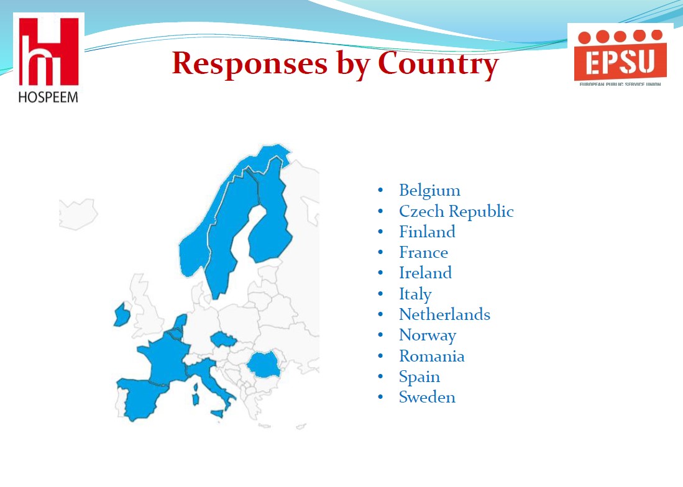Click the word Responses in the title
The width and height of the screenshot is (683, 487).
pyautogui.click(x=250, y=63)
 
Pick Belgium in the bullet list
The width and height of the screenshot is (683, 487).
pyautogui.click(x=429, y=191)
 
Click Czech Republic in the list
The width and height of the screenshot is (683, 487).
pyautogui.click(x=456, y=211)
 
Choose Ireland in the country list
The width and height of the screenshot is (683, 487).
pyautogui.click(x=425, y=273)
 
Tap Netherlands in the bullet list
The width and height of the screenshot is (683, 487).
pyautogui.click(x=444, y=314)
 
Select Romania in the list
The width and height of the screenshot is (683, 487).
pyautogui.click(x=432, y=356)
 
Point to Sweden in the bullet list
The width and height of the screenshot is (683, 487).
pyautogui.click(x=427, y=397)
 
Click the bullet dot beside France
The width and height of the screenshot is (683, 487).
pyautogui.click(x=380, y=252)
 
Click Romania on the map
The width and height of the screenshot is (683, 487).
pyautogui.click(x=264, y=365)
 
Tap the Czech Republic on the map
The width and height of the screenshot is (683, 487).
pyautogui.click(x=222, y=339)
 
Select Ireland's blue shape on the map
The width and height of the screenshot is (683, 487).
pyautogui.click(x=122, y=315)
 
